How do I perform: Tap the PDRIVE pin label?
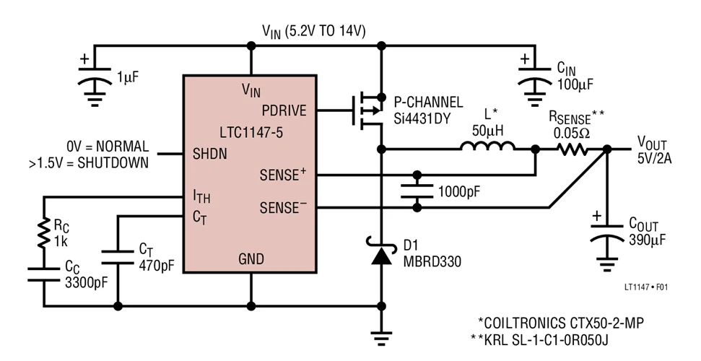point(284,110)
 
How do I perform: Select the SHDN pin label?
point(209,154)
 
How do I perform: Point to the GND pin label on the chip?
point(251,258)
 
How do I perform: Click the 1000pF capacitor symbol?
point(417,191)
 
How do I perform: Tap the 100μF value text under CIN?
point(575,85)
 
